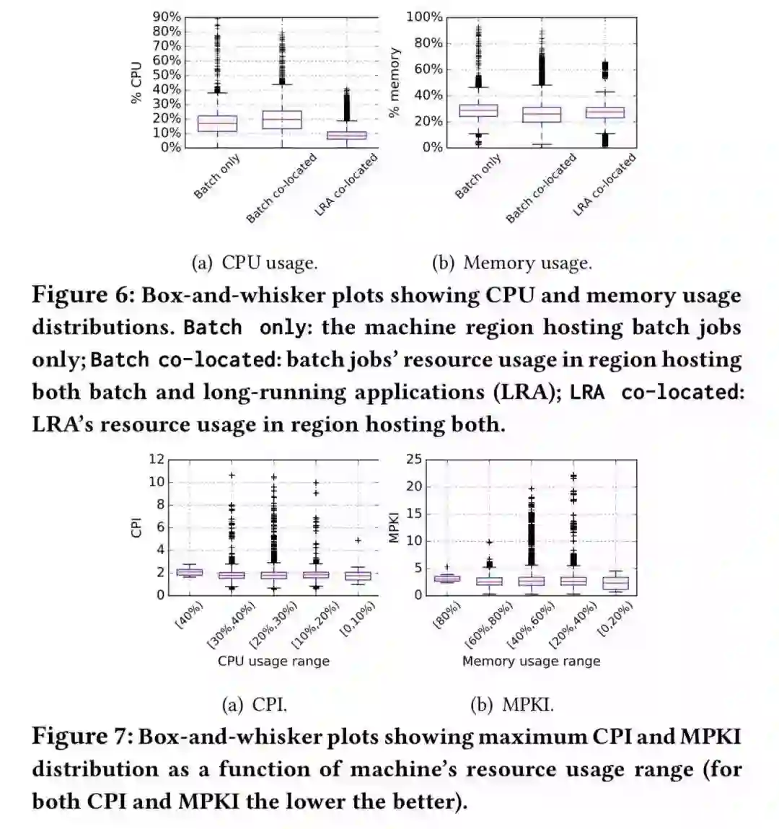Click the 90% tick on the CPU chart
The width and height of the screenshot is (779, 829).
click(167, 17)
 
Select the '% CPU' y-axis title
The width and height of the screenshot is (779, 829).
click(136, 83)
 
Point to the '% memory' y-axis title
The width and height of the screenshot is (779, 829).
click(394, 82)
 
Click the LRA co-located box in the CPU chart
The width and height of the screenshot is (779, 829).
click(346, 135)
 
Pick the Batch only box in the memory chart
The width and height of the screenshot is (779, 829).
click(479, 110)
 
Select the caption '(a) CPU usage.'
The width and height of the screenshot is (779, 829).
click(255, 263)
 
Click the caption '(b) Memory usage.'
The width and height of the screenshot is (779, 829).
click(511, 263)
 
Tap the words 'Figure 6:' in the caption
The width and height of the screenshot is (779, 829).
click(83, 295)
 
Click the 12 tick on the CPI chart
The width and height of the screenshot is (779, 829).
click(157, 460)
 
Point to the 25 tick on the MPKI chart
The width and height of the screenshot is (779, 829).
click(413, 460)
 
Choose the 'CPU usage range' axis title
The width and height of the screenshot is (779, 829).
click(273, 661)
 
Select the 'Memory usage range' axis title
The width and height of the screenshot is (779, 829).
click(531, 661)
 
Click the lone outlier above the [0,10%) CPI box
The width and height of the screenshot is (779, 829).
click(358, 540)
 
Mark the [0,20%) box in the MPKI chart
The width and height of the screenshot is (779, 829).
click(615, 583)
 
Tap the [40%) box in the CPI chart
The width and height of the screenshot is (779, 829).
click(190, 572)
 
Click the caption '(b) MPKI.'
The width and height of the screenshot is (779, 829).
click(512, 704)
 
